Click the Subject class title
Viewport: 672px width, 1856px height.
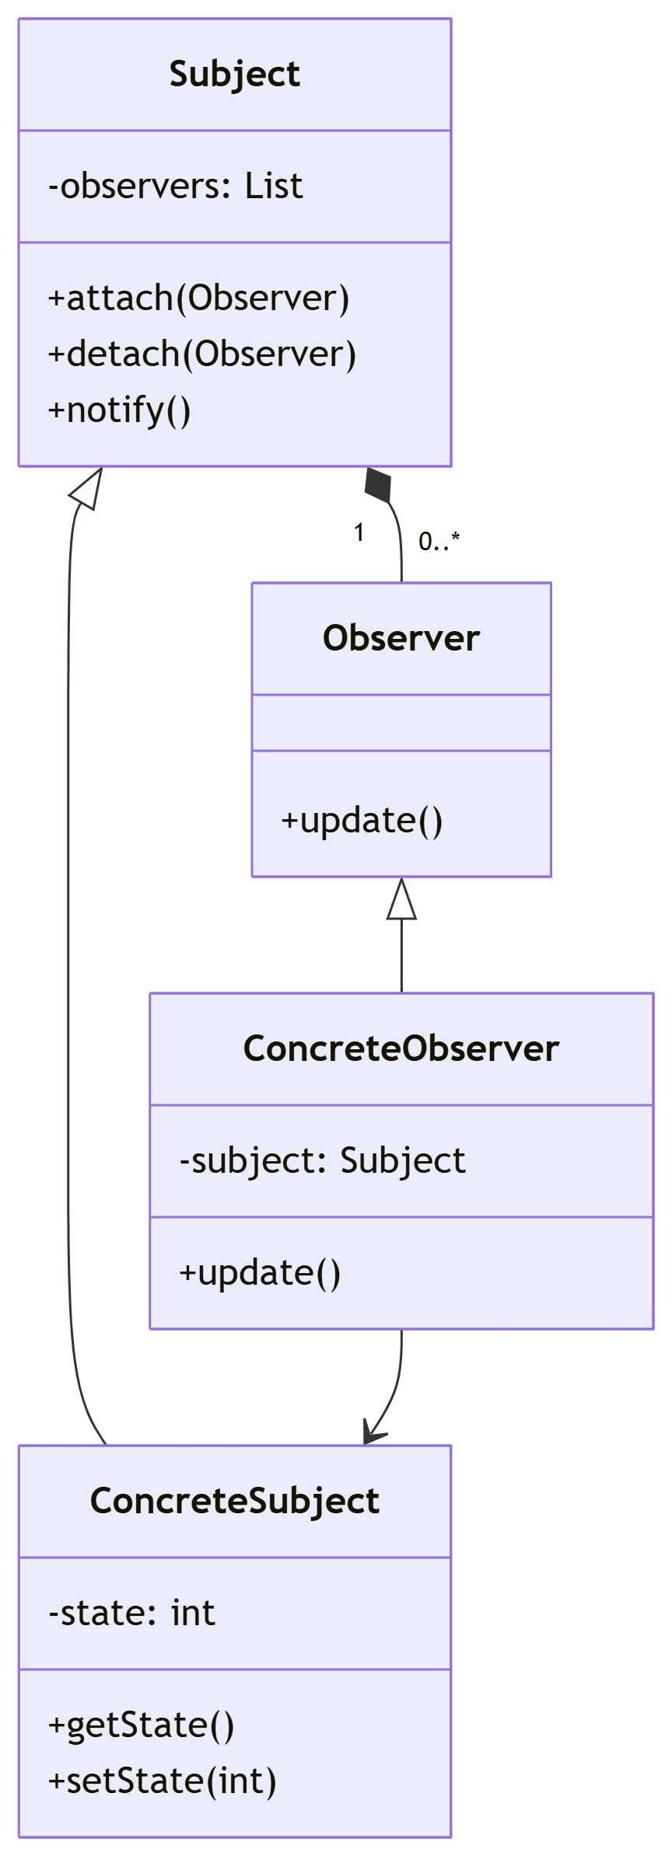click(x=234, y=75)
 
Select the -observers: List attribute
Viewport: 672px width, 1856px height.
click(x=175, y=187)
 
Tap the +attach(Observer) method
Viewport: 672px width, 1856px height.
click(x=198, y=298)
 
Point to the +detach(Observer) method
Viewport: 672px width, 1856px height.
click(x=201, y=354)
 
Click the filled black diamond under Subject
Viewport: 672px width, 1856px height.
click(x=379, y=485)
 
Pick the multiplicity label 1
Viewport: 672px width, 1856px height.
click(x=359, y=533)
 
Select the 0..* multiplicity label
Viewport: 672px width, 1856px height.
click(x=439, y=541)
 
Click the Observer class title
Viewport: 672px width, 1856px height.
click(x=401, y=639)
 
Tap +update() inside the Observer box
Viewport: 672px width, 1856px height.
click(x=362, y=821)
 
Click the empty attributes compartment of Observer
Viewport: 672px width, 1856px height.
click(x=401, y=723)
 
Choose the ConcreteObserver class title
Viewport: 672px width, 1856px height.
click(x=401, y=1049)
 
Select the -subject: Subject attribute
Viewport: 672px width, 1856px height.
click(x=322, y=1161)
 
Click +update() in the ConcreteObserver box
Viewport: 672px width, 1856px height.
click(x=260, y=1273)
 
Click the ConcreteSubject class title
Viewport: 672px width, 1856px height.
click(x=234, y=1502)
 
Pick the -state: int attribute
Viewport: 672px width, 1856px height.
click(x=131, y=1614)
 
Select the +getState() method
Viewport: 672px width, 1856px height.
click(x=141, y=1725)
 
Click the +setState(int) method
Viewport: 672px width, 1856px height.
click(x=162, y=1781)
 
